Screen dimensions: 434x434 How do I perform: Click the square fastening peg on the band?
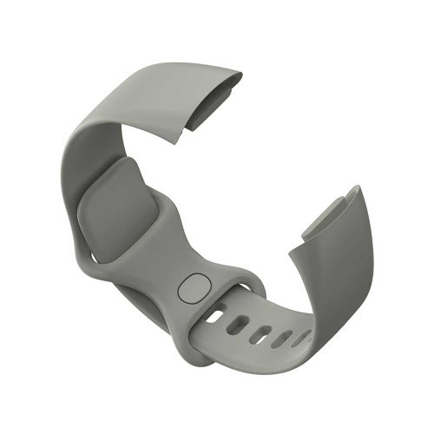point(194,287)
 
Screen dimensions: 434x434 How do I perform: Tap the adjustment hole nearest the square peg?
point(214,316)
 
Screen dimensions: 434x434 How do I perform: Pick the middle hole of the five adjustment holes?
point(259,332)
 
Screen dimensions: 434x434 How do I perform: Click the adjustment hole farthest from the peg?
point(302,336)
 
